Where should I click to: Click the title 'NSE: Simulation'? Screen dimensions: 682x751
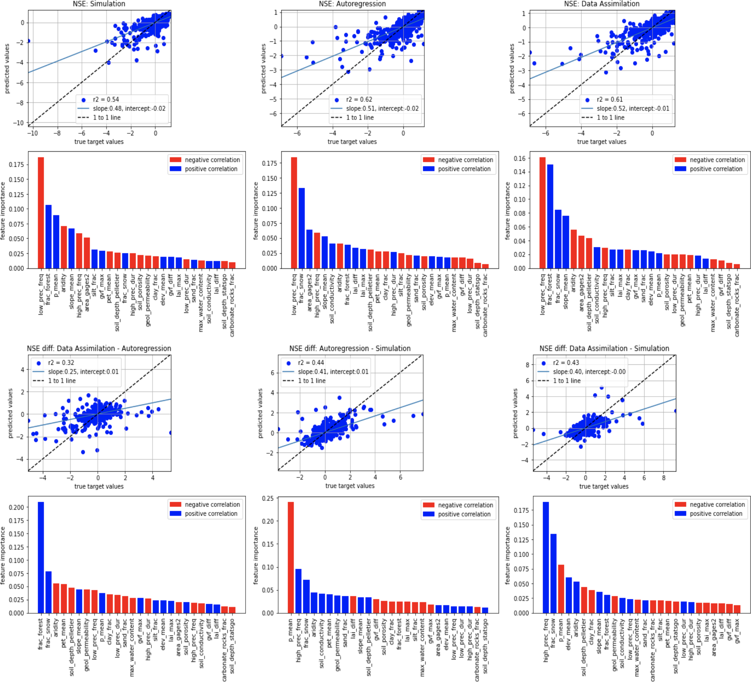(x=99, y=4)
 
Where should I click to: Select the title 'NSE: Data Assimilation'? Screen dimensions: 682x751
(x=602, y=4)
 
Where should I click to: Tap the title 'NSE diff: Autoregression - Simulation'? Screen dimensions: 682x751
(x=350, y=349)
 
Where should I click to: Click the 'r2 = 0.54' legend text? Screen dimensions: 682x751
(x=106, y=100)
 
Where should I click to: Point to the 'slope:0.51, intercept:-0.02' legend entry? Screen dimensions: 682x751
(x=382, y=109)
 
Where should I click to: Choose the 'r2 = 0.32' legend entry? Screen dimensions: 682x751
(x=61, y=363)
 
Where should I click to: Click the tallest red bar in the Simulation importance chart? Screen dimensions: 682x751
(x=41, y=212)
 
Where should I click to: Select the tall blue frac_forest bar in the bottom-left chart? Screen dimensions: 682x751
(x=41, y=557)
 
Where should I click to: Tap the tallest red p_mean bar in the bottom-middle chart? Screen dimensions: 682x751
(x=291, y=557)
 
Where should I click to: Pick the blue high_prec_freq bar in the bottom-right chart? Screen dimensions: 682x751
(x=546, y=557)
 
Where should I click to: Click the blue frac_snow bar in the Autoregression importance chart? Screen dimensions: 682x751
(x=302, y=228)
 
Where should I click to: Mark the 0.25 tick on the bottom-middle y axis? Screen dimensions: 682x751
(x=269, y=499)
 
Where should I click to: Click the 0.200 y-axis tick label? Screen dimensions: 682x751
(x=16, y=507)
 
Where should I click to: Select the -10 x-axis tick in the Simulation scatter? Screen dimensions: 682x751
(x=33, y=133)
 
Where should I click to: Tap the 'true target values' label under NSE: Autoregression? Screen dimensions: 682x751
(x=352, y=142)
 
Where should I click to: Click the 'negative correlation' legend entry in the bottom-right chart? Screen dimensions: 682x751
(x=717, y=505)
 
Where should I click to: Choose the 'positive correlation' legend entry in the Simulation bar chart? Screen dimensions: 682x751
(x=211, y=169)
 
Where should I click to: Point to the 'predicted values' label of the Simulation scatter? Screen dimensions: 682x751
(x=7, y=68)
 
